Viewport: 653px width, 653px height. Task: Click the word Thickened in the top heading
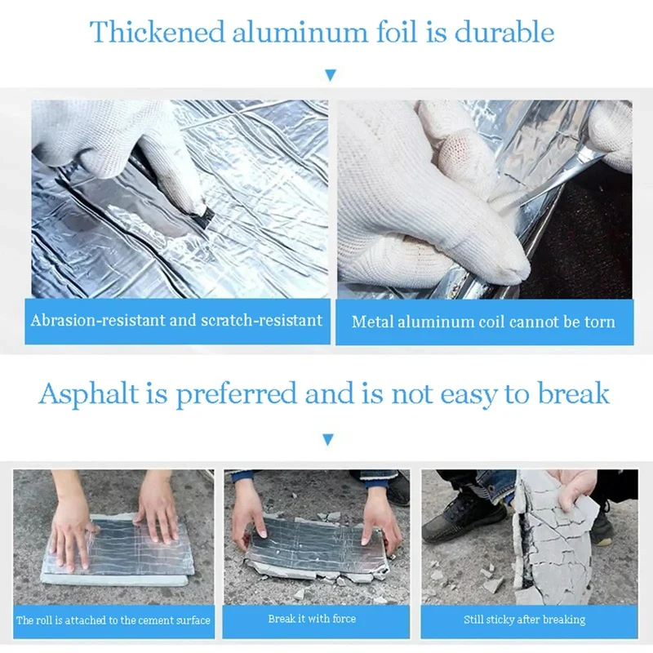tap(158, 32)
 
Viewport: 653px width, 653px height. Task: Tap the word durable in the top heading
tap(504, 32)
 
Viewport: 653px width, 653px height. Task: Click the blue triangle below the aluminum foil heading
tap(331, 75)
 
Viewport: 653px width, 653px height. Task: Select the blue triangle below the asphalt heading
tap(328, 439)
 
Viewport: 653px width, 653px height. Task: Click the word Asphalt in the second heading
tap(89, 394)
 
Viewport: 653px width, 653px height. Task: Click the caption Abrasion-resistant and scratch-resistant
tap(176, 320)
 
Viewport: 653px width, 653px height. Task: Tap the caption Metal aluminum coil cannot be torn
tap(483, 322)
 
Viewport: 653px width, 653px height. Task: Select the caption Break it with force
tap(312, 619)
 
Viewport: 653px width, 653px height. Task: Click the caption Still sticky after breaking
tap(525, 620)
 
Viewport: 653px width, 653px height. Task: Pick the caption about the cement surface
tap(113, 620)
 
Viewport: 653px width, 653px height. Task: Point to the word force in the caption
tap(344, 619)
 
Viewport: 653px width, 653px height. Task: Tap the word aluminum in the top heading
tap(300, 32)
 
